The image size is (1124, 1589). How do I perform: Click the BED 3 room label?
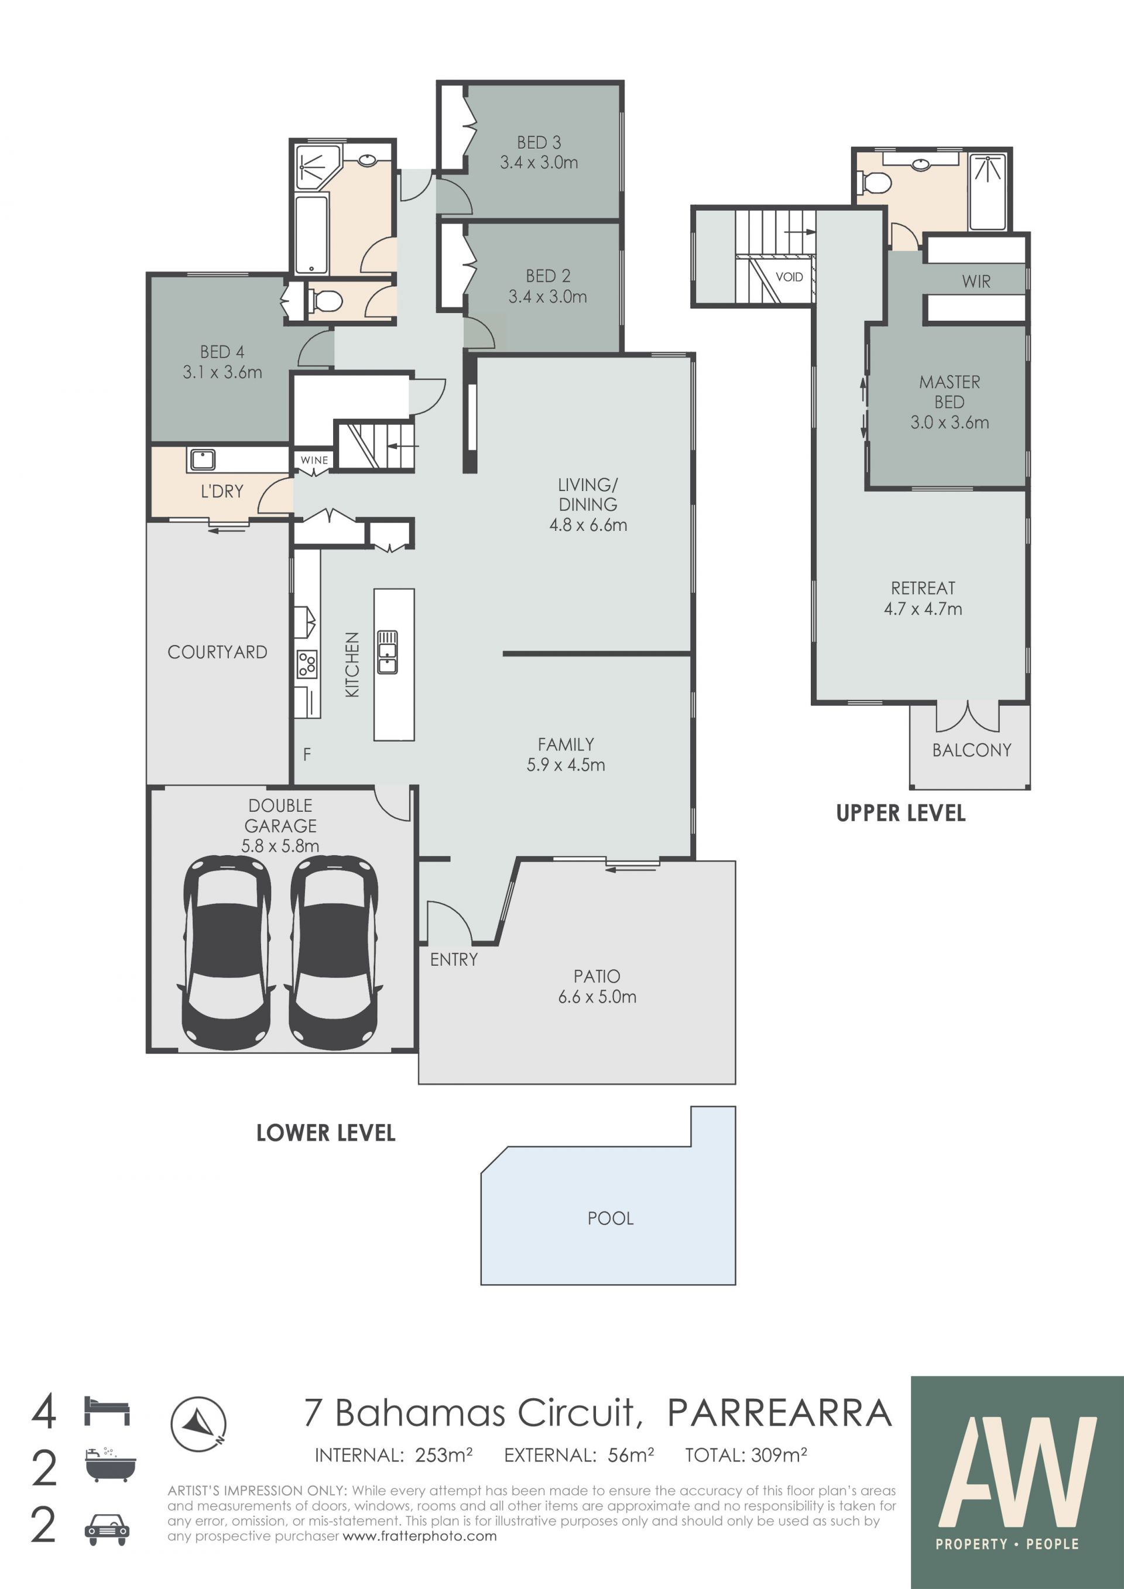coord(539,143)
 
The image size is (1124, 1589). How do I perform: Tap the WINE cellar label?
coord(314,460)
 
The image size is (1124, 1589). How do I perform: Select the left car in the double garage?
coord(227,953)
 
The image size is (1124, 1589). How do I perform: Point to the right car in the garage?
coord(334,953)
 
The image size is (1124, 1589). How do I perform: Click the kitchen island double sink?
coord(388,652)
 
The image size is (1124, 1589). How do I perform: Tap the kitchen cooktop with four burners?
coord(307,664)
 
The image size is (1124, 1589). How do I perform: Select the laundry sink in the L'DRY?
coord(203,459)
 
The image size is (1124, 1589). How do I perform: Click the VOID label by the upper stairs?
coord(789,277)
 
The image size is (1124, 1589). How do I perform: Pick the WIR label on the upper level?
coord(976,282)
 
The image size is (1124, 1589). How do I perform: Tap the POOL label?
coord(611,1218)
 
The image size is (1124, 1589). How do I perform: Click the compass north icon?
coord(198,1423)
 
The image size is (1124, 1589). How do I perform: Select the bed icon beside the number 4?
coord(107,1411)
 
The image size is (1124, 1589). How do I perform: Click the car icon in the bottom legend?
coord(107,1529)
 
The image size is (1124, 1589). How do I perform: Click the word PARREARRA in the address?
coord(779,1413)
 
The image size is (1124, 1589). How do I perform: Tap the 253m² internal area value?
coord(444,1456)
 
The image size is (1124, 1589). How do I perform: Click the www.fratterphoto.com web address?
coord(420,1536)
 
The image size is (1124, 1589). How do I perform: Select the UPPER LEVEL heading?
coord(900,813)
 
